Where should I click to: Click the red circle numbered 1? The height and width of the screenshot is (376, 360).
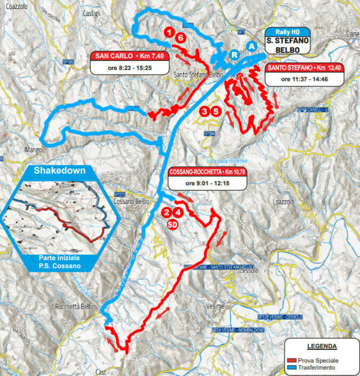(x=168, y=32)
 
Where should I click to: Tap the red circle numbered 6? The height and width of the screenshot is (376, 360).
(x=180, y=38)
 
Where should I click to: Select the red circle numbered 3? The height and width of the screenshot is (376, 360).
(x=205, y=111)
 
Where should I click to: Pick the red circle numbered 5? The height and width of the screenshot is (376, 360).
(x=216, y=111)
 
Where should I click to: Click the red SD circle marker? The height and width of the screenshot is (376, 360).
(x=172, y=223)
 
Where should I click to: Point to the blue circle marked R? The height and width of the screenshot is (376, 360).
(x=234, y=54)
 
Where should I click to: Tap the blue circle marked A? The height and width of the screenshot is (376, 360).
(x=251, y=46)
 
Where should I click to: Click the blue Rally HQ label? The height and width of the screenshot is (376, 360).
(x=288, y=31)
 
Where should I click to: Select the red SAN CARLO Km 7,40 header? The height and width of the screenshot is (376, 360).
(x=129, y=55)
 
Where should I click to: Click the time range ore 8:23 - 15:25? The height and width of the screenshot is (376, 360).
(x=129, y=66)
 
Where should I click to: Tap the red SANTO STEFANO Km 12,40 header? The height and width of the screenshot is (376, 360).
(x=304, y=68)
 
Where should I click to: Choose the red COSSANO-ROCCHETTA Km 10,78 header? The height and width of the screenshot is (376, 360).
(x=207, y=171)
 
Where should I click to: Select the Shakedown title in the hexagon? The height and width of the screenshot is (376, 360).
(x=59, y=171)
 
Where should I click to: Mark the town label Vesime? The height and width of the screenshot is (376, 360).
(x=215, y=306)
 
